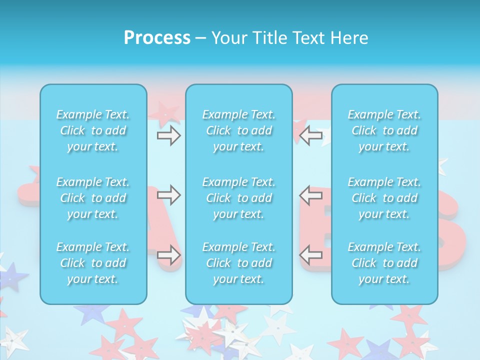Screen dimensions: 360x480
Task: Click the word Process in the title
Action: (157, 37)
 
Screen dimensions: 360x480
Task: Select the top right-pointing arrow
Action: (168, 135)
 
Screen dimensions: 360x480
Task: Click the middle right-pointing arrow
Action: (168, 195)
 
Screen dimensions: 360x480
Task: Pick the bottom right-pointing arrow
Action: (168, 255)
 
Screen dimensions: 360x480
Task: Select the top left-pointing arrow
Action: (311, 135)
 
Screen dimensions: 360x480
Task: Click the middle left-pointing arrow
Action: (311, 195)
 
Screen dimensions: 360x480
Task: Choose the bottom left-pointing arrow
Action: (311, 255)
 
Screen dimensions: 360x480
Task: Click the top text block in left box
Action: (93, 130)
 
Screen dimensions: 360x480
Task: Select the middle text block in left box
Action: (93, 198)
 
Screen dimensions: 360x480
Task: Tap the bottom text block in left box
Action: (93, 263)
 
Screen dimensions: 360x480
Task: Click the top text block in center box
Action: (239, 130)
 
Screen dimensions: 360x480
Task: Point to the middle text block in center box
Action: (239, 198)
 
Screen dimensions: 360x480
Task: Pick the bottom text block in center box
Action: (239, 263)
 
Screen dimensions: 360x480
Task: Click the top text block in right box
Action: (384, 130)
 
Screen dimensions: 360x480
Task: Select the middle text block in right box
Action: (384, 198)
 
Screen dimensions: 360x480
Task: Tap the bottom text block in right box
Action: (384, 263)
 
